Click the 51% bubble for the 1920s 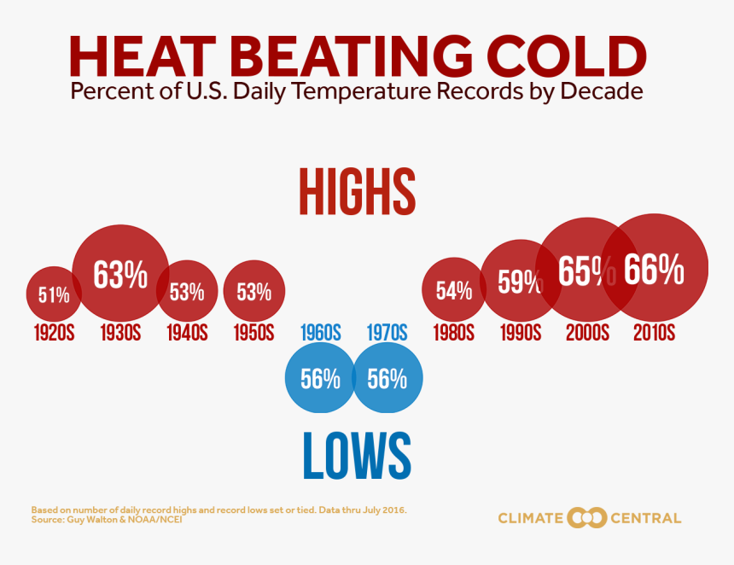(x=53, y=295)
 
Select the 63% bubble (x=120, y=275)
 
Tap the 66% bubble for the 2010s (x=654, y=270)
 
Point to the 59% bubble (x=519, y=282)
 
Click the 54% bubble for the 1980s (x=454, y=291)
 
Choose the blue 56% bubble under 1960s (x=319, y=379)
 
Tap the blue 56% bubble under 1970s (x=387, y=379)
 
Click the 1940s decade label (x=187, y=332)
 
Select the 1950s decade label (x=253, y=332)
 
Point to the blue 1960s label (x=321, y=332)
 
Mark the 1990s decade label (x=521, y=332)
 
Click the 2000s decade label (x=587, y=332)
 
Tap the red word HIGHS (x=357, y=191)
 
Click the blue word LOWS (x=357, y=456)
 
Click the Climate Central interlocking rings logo (x=587, y=517)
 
